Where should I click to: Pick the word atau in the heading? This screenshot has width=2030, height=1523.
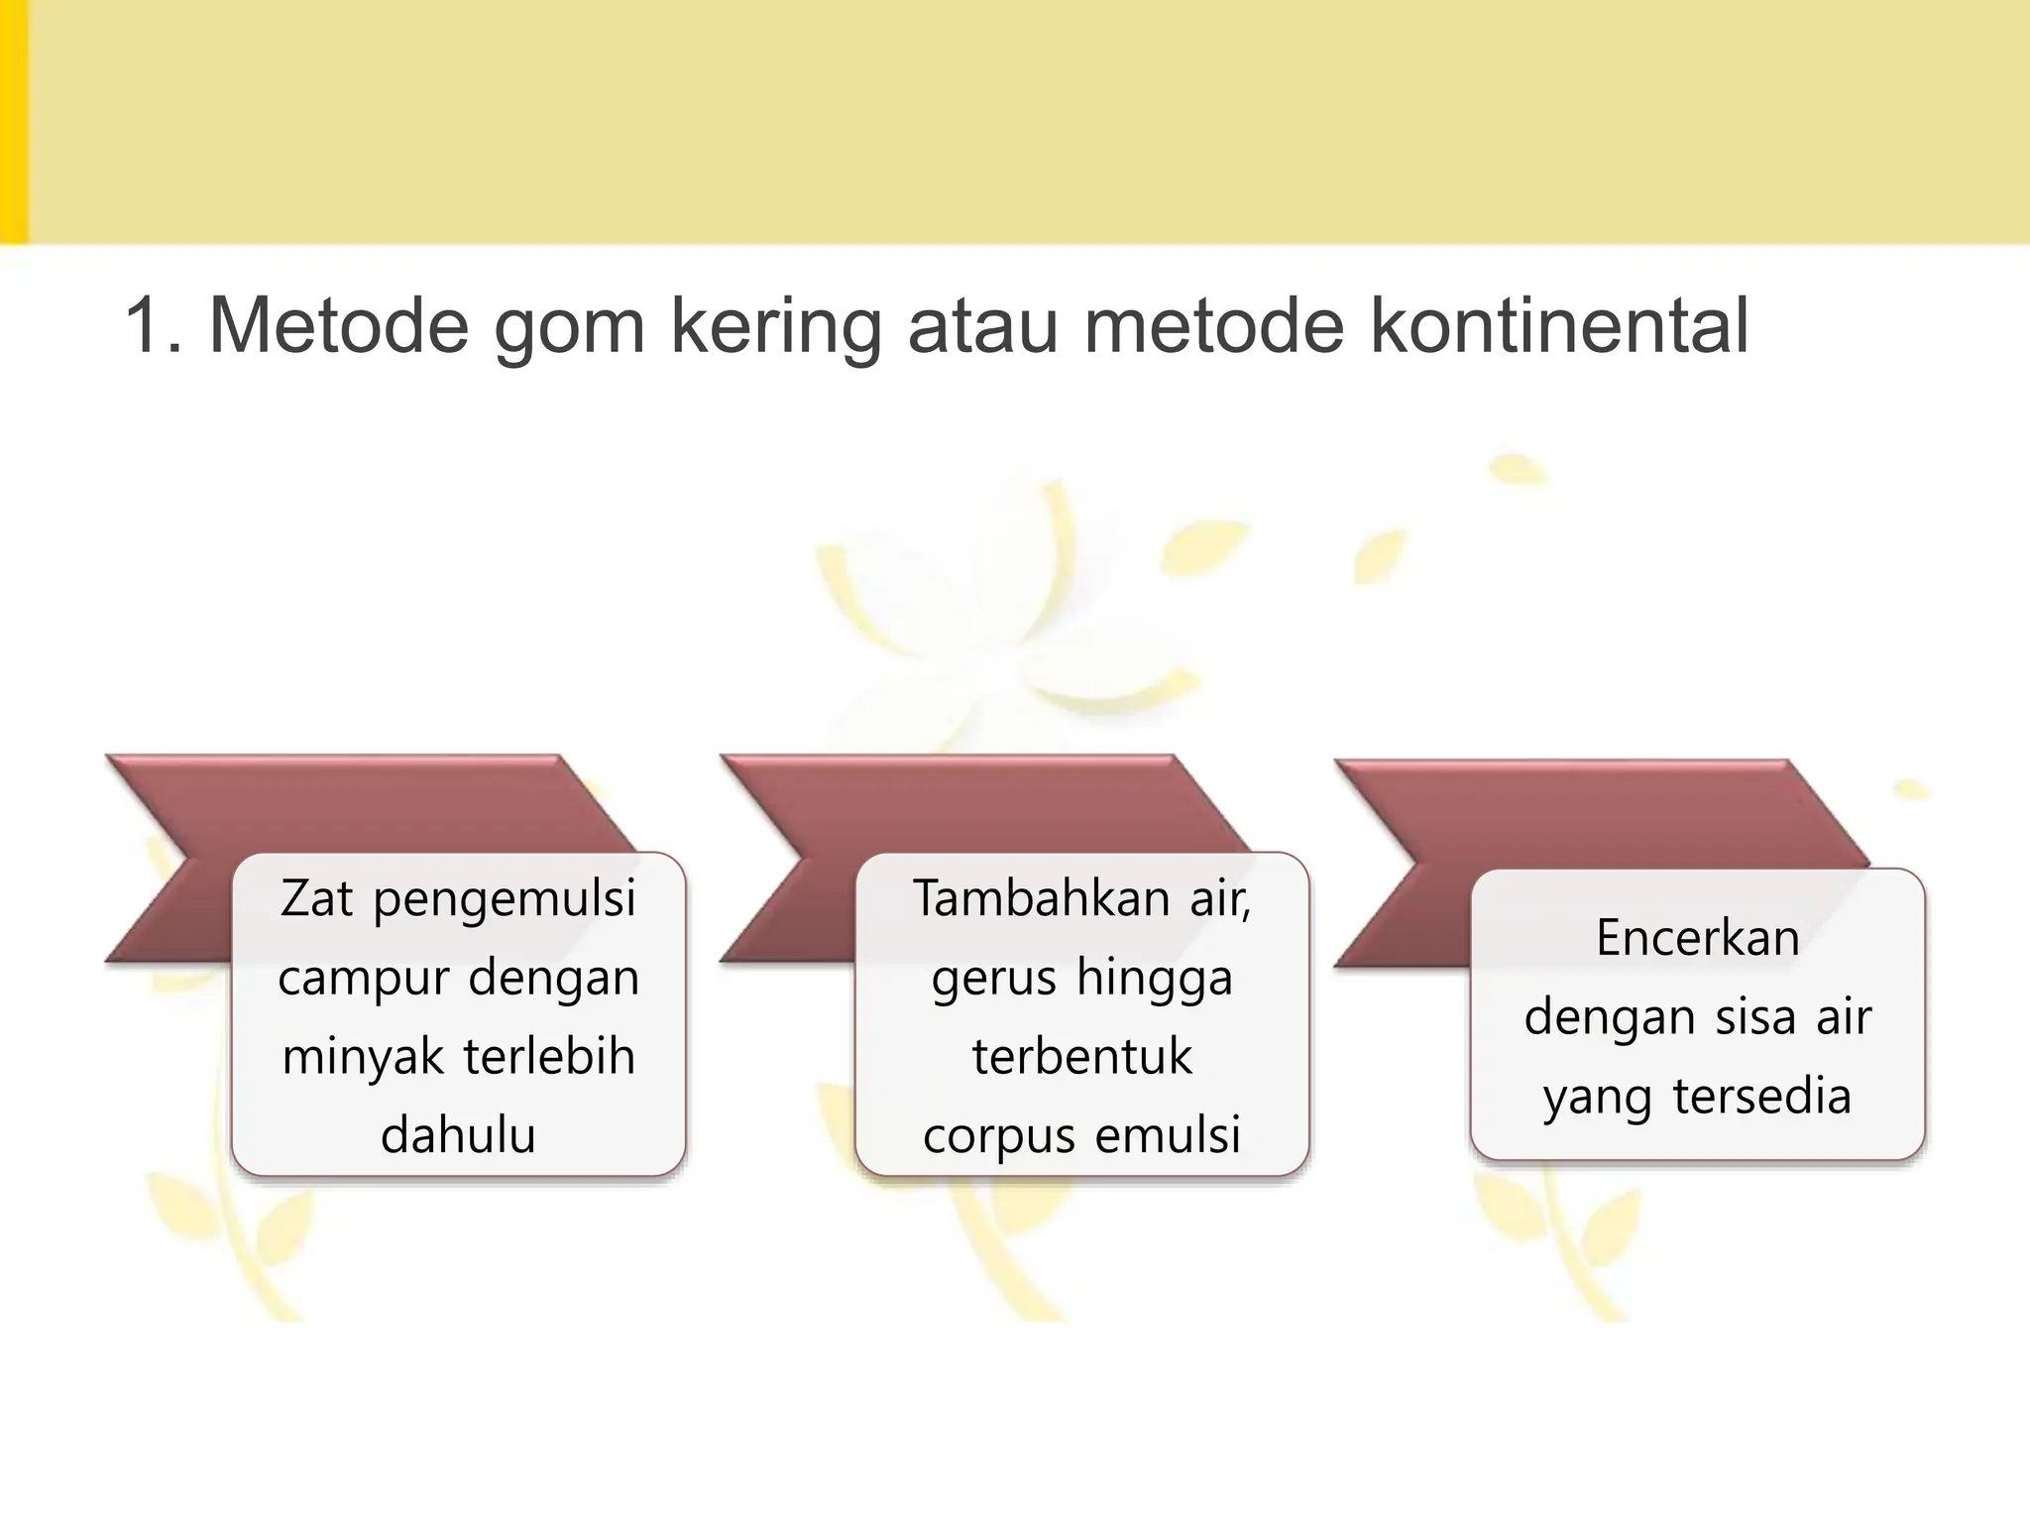point(982,327)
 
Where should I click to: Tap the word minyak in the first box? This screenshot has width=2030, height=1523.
point(363,1058)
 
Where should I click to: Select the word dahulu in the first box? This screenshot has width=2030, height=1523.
point(458,1135)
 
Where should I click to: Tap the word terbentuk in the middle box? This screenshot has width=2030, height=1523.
point(1081,1057)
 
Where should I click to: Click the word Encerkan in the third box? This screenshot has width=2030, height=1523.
point(1697,938)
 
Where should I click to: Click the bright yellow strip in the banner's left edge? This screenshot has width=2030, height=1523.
point(13,121)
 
